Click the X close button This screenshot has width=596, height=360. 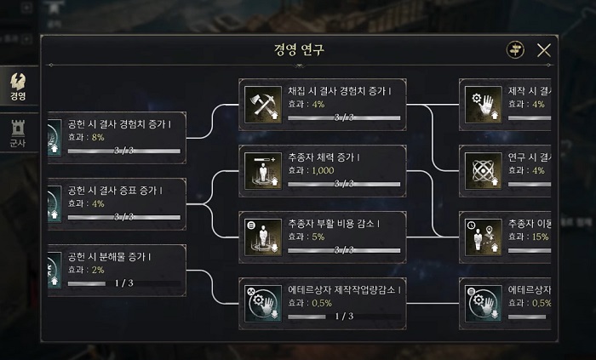point(543,50)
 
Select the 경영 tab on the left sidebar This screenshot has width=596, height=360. point(18,86)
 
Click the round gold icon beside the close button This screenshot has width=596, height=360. point(515,50)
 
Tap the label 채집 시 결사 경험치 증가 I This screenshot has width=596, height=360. point(334,91)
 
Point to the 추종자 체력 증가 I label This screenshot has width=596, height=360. point(324,157)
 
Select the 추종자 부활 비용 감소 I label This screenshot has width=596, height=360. point(334,224)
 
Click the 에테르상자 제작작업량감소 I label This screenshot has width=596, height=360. point(345,290)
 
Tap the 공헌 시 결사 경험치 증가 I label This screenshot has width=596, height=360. point(119,124)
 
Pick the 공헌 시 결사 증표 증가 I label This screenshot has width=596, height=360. point(115,191)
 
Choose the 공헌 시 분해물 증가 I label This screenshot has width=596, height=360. point(112,256)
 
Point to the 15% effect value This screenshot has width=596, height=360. point(540,237)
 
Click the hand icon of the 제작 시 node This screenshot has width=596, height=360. point(479,104)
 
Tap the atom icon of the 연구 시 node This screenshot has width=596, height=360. point(479,170)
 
